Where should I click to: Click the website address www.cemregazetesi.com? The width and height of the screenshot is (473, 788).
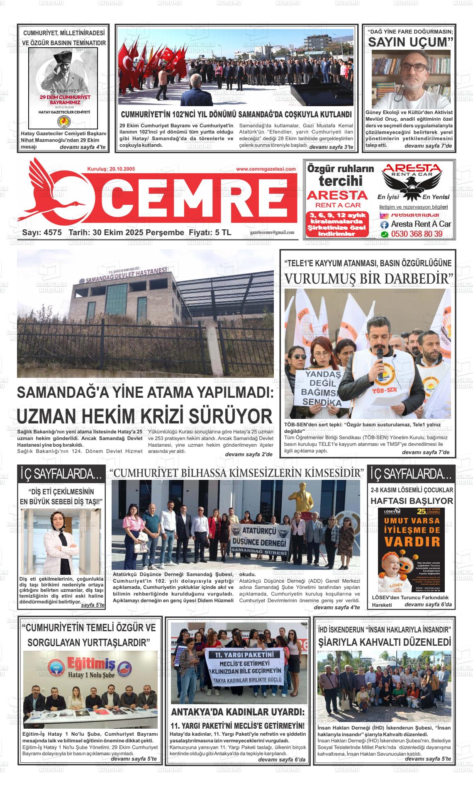pyautogui.click(x=266, y=169)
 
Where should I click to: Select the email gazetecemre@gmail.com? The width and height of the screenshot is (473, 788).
pyautogui.click(x=272, y=233)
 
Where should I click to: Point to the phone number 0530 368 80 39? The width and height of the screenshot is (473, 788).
pyautogui.click(x=416, y=234)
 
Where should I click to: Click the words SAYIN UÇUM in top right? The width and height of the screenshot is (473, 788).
pyautogui.click(x=409, y=42)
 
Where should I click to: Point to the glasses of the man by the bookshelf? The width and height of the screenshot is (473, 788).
pyautogui.click(x=413, y=67)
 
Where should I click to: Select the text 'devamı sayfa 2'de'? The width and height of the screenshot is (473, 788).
pyautogui.click(x=249, y=455)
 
